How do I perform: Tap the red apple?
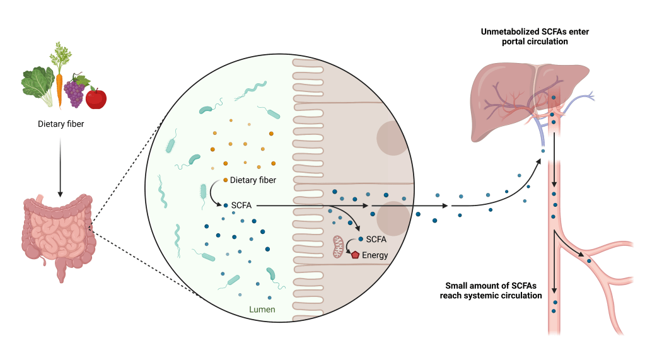(96, 98)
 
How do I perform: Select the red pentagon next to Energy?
(355, 255)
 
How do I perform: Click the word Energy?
(375, 255)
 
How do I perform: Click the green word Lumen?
(262, 310)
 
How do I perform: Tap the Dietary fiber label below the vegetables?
(61, 124)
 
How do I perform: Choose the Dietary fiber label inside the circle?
(253, 180)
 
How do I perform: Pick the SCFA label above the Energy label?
(376, 240)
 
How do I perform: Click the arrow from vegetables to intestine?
(61, 164)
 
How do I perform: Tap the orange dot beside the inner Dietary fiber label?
(225, 180)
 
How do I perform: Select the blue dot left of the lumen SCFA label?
(226, 206)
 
